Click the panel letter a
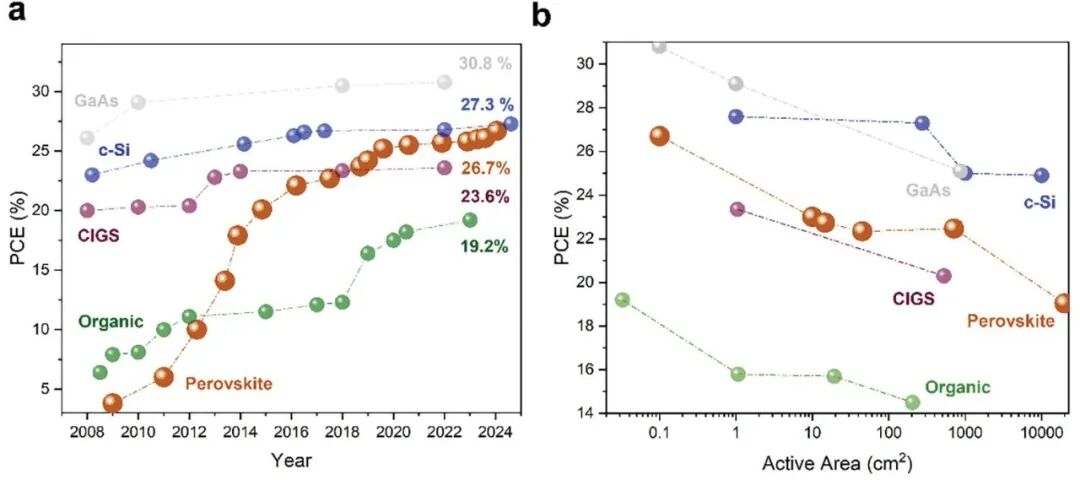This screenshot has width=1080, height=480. pyautogui.click(x=18, y=16)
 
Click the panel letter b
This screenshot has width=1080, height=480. pyautogui.click(x=542, y=16)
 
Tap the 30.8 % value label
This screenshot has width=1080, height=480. pyautogui.click(x=485, y=63)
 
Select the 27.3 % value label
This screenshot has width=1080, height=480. pyautogui.click(x=487, y=105)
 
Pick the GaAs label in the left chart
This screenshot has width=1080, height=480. pyautogui.click(x=94, y=100)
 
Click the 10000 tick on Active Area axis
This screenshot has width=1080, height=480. pyautogui.click(x=1040, y=436)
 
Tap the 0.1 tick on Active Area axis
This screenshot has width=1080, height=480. pyautogui.click(x=659, y=436)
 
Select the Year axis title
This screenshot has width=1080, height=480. pyautogui.click(x=291, y=461)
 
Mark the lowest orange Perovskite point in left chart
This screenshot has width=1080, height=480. pyautogui.click(x=112, y=403)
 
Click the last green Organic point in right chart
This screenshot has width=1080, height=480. pyautogui.click(x=912, y=402)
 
